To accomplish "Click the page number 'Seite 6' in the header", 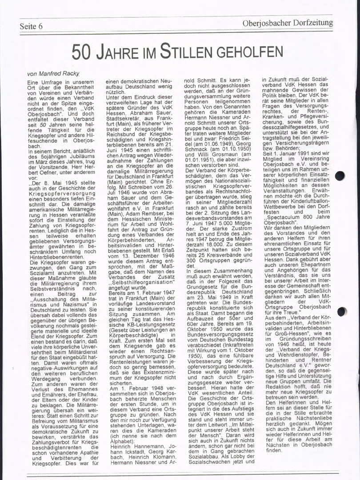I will pyautogui.click(x=31, y=26).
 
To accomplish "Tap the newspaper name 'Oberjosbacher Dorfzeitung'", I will pyautogui.click(x=287, y=23).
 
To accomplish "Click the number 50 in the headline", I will pyautogui.click(x=82, y=52).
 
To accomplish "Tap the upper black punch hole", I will pyautogui.click(x=340, y=176).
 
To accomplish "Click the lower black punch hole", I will pyautogui.click(x=341, y=312).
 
